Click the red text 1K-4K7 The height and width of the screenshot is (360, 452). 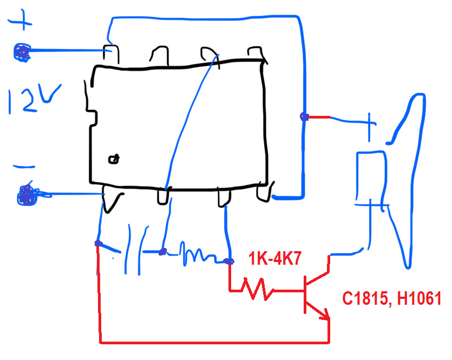[x=274, y=258]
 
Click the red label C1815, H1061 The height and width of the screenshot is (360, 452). [x=392, y=298]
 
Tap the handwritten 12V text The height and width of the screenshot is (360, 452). [x=34, y=99]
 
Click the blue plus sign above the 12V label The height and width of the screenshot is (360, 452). [x=20, y=19]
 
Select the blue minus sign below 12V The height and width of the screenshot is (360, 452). [x=24, y=167]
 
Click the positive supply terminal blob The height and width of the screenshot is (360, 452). [x=22, y=53]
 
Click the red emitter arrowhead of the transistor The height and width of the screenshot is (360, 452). [x=326, y=315]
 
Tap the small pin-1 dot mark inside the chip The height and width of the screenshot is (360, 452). [x=114, y=159]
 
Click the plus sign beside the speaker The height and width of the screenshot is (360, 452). [x=369, y=126]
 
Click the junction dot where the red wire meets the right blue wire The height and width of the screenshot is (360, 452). [x=304, y=117]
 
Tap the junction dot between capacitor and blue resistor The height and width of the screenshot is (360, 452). [x=162, y=252]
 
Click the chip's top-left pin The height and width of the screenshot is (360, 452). [x=111, y=54]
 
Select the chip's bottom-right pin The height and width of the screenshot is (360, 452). [x=264, y=191]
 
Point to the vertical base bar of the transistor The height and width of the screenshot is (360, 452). [x=305, y=294]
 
